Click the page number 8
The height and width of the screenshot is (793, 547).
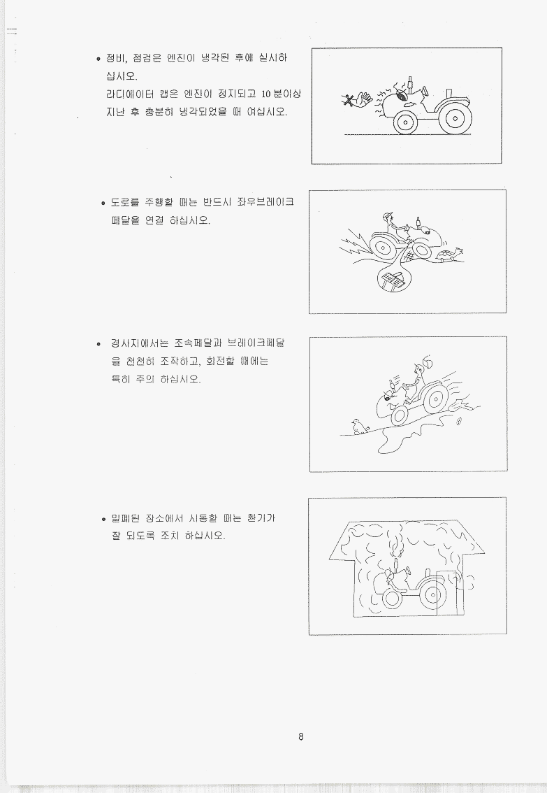coord(301,736)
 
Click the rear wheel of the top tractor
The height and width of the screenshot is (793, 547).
coord(455,119)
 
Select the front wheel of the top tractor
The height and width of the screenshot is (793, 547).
coord(405,122)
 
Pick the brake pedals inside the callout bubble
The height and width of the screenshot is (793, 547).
coord(393,280)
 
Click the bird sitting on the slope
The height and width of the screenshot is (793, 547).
coord(358,427)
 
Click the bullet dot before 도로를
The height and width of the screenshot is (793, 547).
coord(103,203)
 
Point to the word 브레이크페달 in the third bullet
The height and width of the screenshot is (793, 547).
coord(256,343)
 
